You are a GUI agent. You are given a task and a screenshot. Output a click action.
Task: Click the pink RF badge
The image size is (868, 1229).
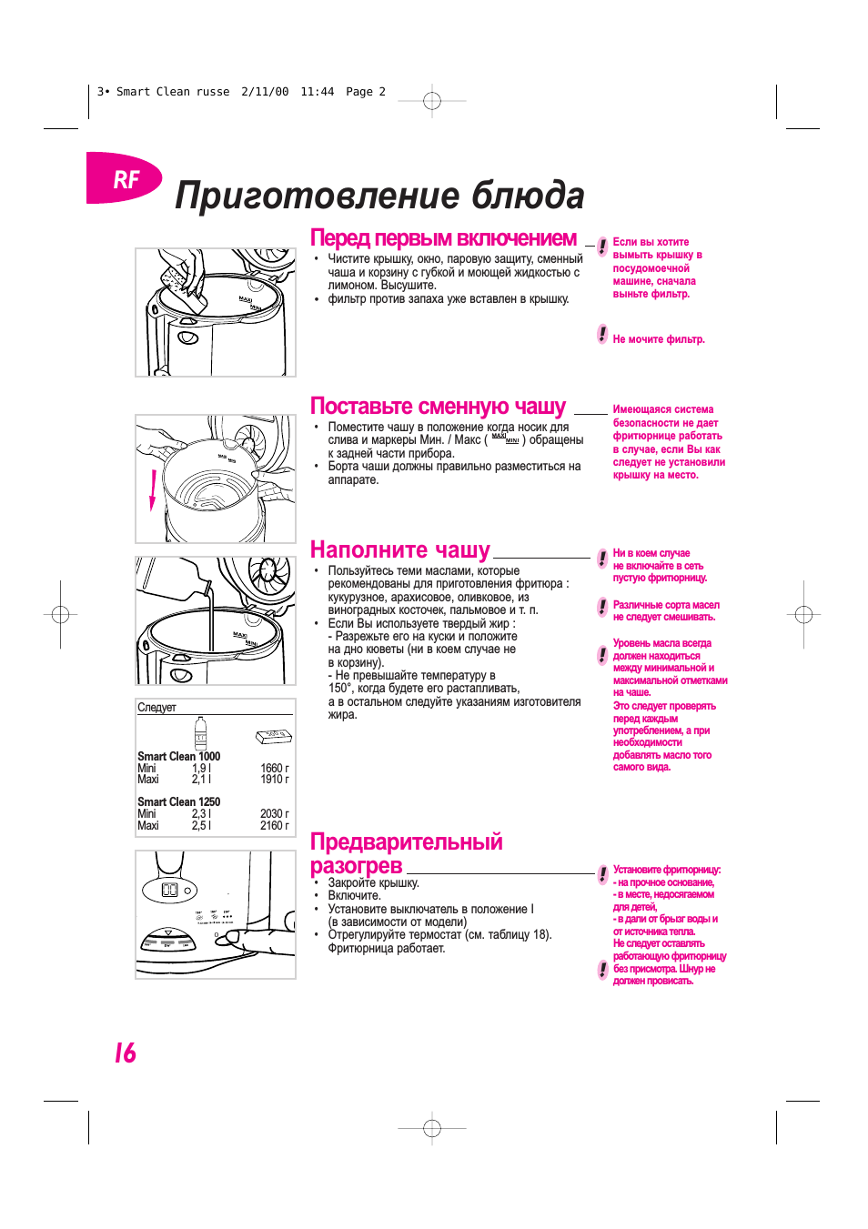click(125, 179)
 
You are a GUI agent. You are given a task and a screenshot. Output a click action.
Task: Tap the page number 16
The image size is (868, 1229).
click(125, 1053)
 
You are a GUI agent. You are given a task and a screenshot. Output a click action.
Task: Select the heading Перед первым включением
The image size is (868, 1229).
click(443, 238)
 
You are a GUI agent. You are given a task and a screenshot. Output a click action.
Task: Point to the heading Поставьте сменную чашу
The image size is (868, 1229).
click(438, 407)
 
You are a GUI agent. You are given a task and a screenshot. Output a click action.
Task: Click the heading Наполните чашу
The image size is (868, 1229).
click(399, 550)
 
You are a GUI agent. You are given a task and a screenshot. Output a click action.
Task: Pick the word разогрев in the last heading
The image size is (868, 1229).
click(356, 866)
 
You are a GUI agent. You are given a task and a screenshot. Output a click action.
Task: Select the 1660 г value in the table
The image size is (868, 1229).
click(274, 769)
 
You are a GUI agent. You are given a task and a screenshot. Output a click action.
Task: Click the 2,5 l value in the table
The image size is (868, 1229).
click(201, 826)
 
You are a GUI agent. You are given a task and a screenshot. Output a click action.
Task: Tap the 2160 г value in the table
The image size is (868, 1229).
click(274, 826)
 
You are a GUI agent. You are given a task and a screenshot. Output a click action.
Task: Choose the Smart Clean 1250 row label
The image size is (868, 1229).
click(178, 802)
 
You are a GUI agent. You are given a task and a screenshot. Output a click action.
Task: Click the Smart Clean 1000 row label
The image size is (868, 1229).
click(178, 757)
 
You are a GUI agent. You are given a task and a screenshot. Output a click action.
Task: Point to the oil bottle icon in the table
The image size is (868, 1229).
click(200, 734)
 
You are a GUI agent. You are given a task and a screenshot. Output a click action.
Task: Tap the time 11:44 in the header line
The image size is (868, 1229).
click(317, 92)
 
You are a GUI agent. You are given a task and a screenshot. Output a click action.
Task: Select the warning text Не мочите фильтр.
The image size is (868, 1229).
click(659, 339)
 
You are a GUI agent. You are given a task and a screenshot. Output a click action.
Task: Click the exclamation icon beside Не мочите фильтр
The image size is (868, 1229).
click(602, 334)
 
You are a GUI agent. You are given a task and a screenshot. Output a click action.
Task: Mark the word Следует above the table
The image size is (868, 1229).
click(156, 708)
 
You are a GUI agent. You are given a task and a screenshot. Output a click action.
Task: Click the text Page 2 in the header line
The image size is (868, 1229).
click(365, 92)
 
